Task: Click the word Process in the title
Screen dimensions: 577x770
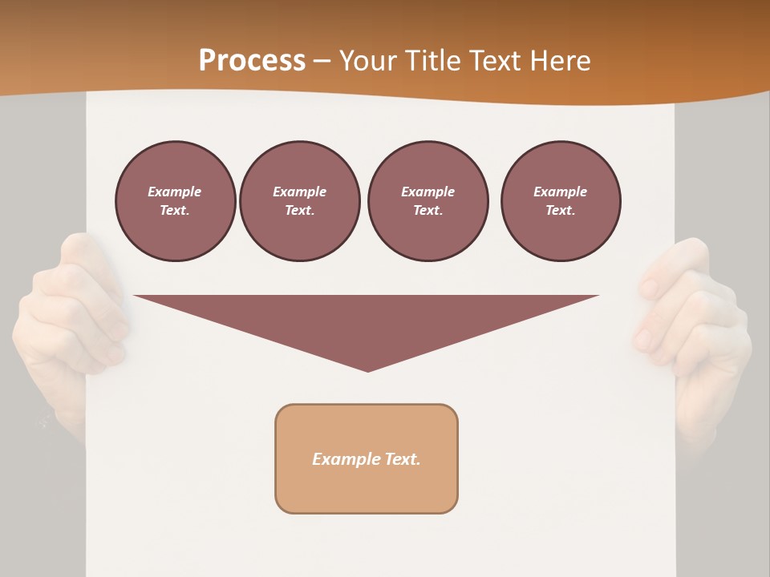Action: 252,60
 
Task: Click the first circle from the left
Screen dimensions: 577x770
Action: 175,201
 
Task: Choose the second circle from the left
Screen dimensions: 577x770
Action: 299,201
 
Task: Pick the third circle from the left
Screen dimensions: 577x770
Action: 428,201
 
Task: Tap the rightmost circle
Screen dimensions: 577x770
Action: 560,201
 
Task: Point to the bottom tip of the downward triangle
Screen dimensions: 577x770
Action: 367,370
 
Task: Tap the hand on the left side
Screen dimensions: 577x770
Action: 68,321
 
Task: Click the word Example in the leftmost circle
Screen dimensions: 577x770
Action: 175,192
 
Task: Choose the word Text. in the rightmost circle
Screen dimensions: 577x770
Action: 560,211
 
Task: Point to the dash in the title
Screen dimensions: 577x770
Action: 322,62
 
